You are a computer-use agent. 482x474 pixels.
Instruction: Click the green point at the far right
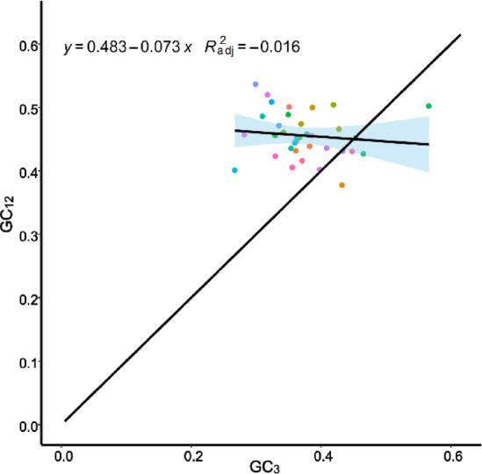coord(428,106)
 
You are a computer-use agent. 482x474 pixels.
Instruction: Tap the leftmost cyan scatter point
coord(234,170)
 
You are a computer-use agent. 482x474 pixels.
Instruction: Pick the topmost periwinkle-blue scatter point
coord(255,84)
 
